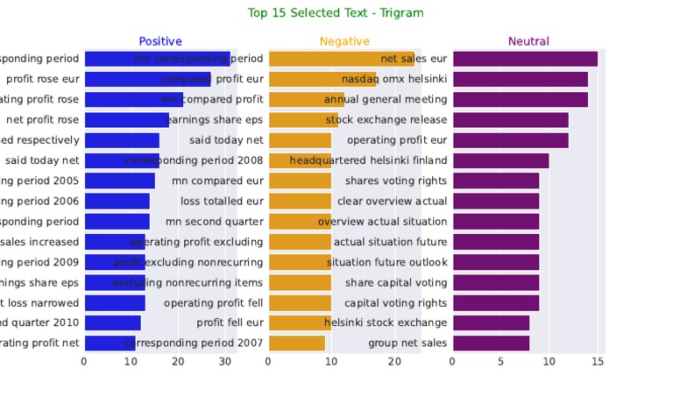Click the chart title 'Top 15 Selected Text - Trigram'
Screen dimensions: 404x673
tap(336, 13)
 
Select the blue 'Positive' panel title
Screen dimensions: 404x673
tap(160, 41)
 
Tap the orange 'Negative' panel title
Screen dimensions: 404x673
tap(344, 41)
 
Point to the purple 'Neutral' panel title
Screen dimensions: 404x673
tap(528, 41)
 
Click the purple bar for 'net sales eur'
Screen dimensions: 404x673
tap(525, 59)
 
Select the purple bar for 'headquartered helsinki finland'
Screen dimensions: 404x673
tap(500, 160)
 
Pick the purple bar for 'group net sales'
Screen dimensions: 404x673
tap(491, 343)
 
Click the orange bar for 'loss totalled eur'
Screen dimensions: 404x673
tap(300, 201)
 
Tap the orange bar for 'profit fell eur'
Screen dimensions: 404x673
tap(300, 322)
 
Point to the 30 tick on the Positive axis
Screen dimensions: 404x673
tap(225, 361)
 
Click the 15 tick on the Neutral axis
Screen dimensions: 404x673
tap(598, 361)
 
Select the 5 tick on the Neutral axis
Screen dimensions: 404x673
tap(501, 361)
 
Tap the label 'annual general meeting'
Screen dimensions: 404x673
tap(386, 99)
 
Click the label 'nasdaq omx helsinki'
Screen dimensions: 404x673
tap(393, 79)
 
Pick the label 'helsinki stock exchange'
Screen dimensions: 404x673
tap(386, 322)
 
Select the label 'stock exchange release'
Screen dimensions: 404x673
tap(386, 120)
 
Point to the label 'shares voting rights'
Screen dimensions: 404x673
tap(396, 181)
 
